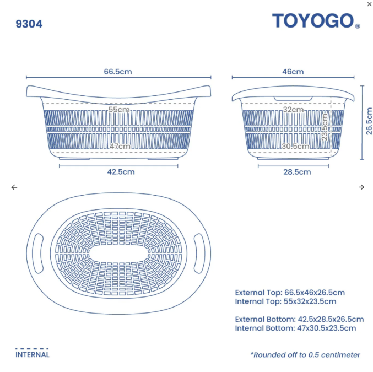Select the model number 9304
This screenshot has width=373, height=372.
coord(29,24)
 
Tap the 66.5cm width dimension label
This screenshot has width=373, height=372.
coord(118,72)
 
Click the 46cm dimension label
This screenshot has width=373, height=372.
coord(293,72)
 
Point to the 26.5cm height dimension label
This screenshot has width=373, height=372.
coord(369,121)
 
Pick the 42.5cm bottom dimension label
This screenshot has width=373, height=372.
coord(121,171)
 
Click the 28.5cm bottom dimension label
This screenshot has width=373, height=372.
coord(296,172)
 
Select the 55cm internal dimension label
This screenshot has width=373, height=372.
coord(119,110)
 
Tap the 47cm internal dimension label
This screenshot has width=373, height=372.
coord(120,146)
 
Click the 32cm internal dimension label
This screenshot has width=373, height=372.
coord(293,110)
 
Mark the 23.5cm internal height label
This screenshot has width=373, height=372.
coord(325,127)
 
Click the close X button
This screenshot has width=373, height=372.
coord(369,4)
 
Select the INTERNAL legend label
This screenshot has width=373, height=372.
coord(32,354)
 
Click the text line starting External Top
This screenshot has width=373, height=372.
coord(290,293)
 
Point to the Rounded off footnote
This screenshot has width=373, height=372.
coord(305,355)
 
